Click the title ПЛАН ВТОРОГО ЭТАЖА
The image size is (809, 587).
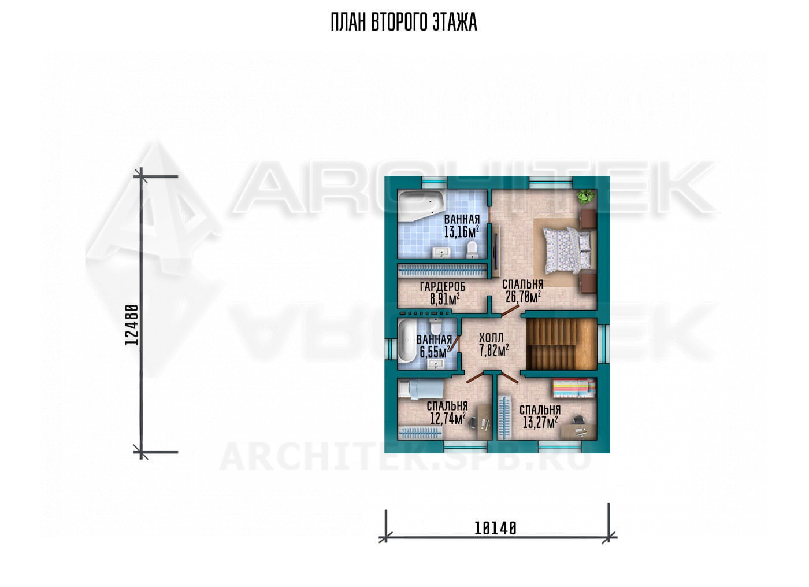tap(404, 23)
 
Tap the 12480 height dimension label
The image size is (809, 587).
tap(132, 325)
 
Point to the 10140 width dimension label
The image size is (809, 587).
tap(495, 529)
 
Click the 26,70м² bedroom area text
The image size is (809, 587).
tap(523, 297)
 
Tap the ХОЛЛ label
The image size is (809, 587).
tap(491, 338)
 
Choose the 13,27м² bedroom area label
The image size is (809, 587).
tap(540, 422)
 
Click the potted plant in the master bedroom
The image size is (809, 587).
tap(585, 197)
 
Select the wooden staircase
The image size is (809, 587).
tap(561, 344)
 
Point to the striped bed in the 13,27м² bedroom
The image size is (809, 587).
tap(574, 388)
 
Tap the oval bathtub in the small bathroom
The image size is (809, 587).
tap(407, 342)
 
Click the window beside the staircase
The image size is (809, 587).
tap(603, 343)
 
